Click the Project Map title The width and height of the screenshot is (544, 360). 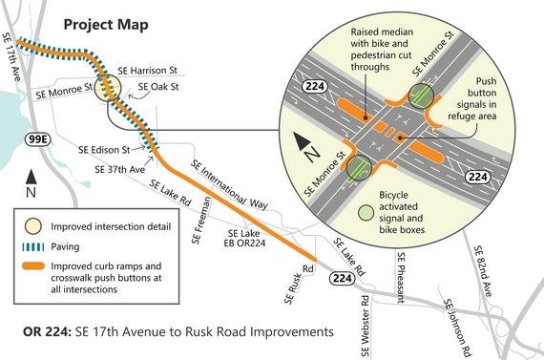tap(106, 22)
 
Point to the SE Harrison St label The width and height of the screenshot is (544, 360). tap(147, 71)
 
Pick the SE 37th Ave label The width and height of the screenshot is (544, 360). tap(120, 169)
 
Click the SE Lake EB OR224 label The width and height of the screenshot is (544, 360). tap(243, 238)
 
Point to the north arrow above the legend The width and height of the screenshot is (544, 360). tap(32, 179)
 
